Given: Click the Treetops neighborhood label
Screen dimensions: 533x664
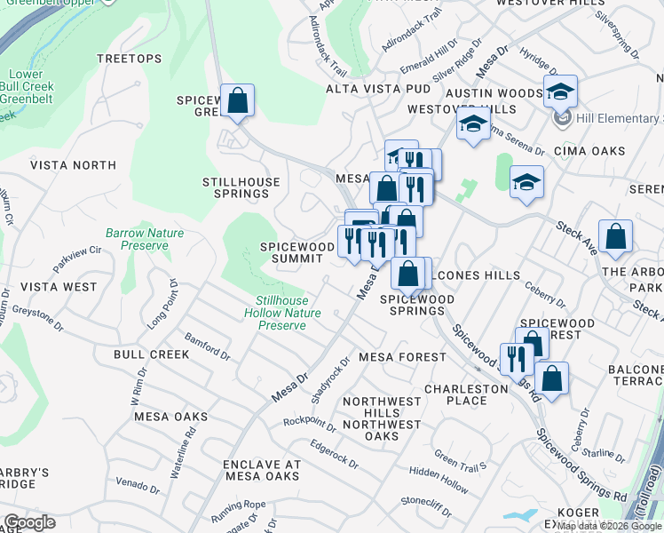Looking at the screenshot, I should (x=130, y=59).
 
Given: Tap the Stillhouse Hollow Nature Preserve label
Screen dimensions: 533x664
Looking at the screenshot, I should (x=282, y=314).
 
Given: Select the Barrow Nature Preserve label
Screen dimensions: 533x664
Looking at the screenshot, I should (x=145, y=239).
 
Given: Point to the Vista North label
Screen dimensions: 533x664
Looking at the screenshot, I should (x=73, y=165).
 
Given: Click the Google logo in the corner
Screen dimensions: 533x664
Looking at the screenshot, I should (x=29, y=522).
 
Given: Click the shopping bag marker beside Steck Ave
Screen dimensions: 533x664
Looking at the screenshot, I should (x=615, y=237).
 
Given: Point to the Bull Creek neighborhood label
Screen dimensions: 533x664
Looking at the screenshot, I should (x=151, y=354).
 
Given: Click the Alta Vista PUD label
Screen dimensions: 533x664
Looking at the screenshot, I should (x=377, y=90).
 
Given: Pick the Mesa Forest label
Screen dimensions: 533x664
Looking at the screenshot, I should (x=402, y=357).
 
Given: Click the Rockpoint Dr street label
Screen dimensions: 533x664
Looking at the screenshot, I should (x=310, y=422).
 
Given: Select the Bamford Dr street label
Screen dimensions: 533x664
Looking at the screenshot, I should (x=207, y=344).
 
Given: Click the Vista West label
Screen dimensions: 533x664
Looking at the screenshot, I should (x=59, y=287).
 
